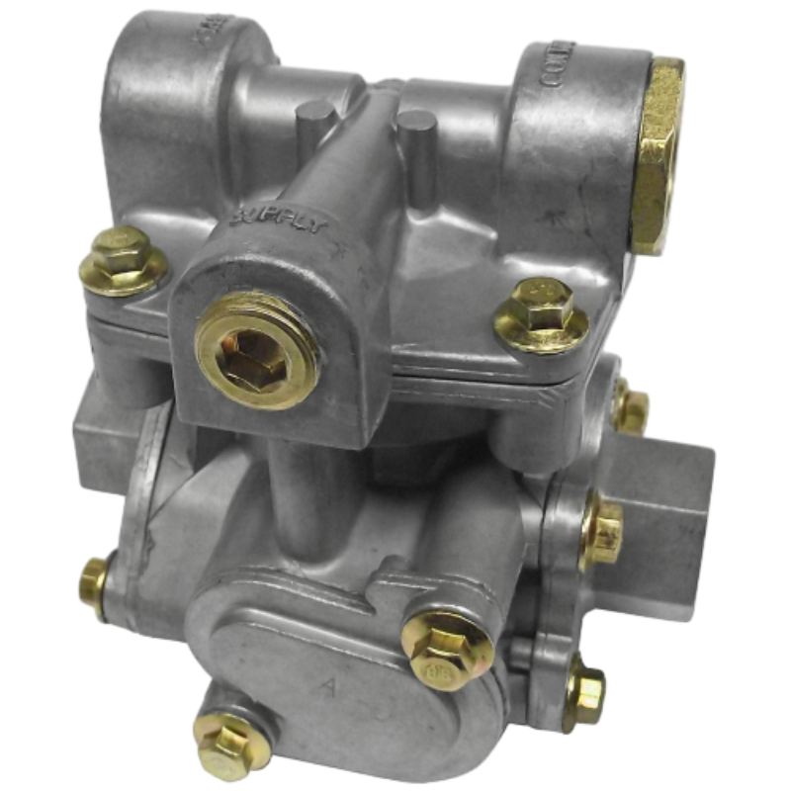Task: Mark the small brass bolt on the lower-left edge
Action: (x=95, y=584)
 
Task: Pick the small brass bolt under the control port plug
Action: (x=630, y=407)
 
